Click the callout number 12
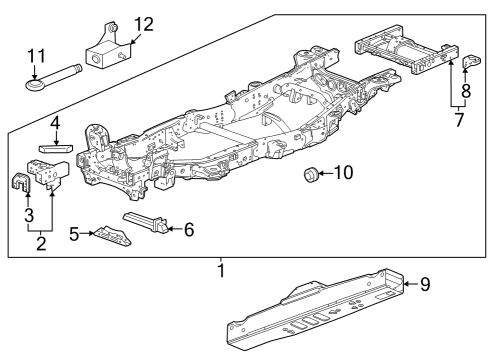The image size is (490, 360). pyautogui.click(x=144, y=23)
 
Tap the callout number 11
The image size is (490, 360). pyautogui.click(x=37, y=55)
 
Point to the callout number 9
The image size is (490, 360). pyautogui.click(x=425, y=285)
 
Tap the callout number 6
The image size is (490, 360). pyautogui.click(x=189, y=229)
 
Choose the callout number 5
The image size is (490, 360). pyautogui.click(x=73, y=234)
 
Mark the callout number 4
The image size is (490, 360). pyautogui.click(x=56, y=123)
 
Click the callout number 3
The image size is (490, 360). pyautogui.click(x=27, y=213)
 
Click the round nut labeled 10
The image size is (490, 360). pyautogui.click(x=311, y=176)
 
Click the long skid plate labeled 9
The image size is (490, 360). pyautogui.click(x=315, y=308)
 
